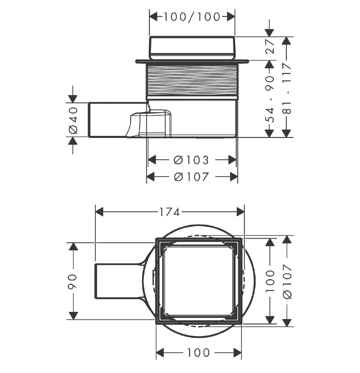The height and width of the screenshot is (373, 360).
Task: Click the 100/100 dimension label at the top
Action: click(192, 17)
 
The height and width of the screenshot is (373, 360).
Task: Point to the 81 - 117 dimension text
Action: click(288, 88)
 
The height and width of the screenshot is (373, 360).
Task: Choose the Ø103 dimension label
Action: click(192, 160)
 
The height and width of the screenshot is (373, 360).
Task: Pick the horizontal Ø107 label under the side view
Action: click(192, 177)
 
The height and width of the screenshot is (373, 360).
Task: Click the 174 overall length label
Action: click(169, 212)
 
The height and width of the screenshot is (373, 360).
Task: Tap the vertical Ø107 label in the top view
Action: click(288, 281)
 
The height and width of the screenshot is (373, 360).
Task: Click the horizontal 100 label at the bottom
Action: click(198, 352)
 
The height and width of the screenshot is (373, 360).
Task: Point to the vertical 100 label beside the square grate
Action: click(270, 281)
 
